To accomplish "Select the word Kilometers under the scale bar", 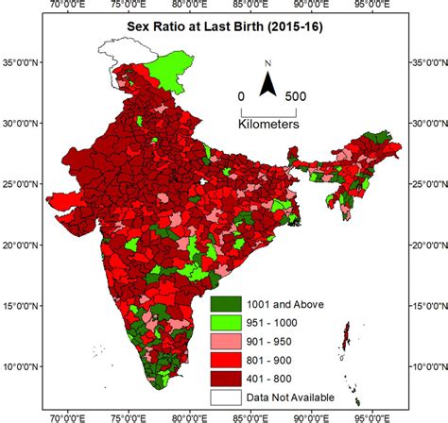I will tap(269, 124).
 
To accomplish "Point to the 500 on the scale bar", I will tap(295, 95).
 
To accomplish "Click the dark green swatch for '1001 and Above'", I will tap(227, 304).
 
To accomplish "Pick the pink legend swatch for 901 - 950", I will tap(227, 339).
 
